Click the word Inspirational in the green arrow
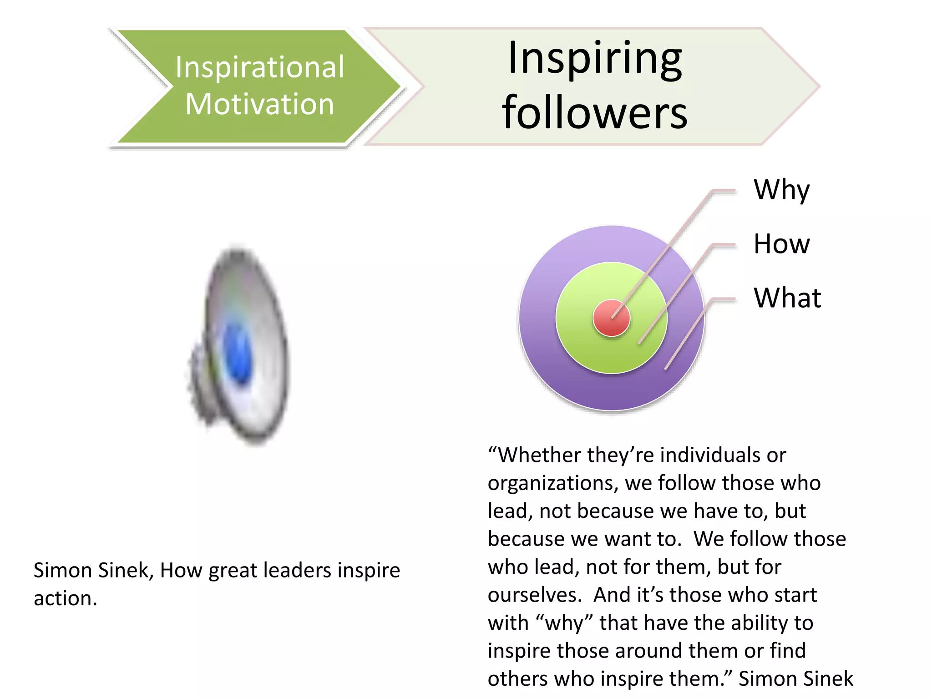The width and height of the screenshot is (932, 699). [259, 67]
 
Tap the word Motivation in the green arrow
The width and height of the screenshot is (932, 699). [259, 104]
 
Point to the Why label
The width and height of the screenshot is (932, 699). [781, 190]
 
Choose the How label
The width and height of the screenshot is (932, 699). [781, 243]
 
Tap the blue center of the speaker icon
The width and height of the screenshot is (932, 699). [238, 353]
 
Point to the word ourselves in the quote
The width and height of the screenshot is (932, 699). [534, 595]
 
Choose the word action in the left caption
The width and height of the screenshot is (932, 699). [65, 598]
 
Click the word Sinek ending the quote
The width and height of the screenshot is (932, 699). [827, 679]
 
